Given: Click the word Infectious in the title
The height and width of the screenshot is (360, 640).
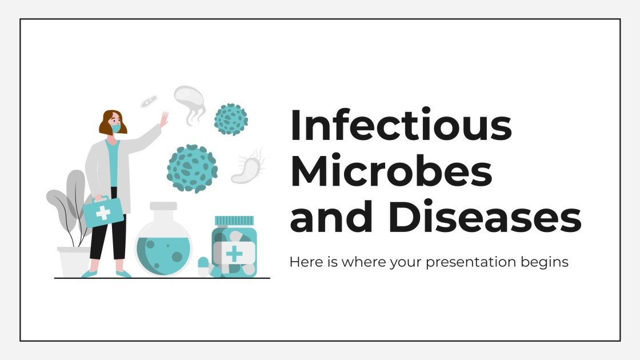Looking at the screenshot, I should click(401, 126).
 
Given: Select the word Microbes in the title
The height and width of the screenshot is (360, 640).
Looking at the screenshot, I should click(391, 172).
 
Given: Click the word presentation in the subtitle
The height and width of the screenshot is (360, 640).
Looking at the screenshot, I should click(460, 262).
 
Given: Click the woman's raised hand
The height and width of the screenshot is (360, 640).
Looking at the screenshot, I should click(163, 119).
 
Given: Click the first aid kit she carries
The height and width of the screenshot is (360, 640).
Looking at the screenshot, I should click(102, 212).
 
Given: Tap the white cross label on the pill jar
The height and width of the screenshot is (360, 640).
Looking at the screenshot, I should click(234, 253).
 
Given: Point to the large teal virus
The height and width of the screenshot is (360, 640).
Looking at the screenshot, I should click(192, 168).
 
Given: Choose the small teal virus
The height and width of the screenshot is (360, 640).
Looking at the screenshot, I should click(230, 119).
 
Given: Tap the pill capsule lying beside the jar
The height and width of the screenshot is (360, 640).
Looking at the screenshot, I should click(204, 266).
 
